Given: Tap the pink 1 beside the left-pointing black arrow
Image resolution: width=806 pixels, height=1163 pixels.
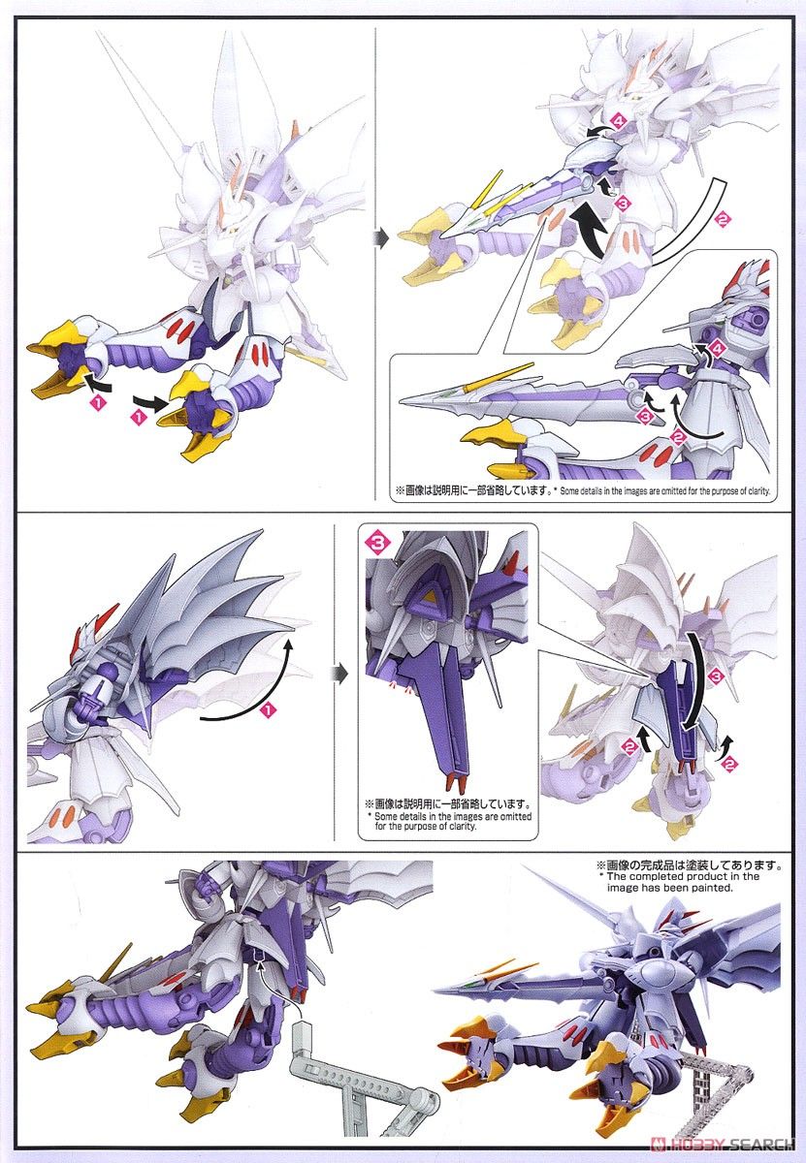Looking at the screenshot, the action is (98, 401).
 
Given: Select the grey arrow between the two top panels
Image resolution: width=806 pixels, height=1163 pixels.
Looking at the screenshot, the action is (381, 239).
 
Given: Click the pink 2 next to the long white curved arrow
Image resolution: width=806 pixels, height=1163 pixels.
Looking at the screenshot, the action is (723, 219).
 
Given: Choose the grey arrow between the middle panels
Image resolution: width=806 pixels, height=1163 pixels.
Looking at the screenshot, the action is (338, 674).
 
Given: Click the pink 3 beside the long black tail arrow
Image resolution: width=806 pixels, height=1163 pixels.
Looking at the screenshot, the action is (717, 676).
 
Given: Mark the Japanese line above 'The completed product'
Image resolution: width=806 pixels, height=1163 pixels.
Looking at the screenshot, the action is (689, 865).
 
